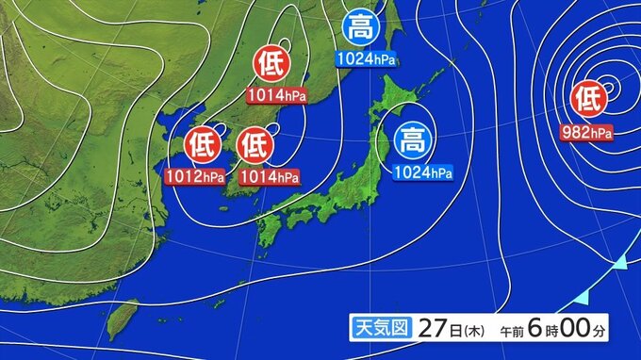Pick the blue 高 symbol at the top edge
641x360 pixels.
click(358, 27)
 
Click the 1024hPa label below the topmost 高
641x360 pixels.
click(366, 59)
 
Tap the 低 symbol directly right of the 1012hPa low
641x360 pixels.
click(254, 145)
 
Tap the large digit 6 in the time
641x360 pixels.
click(534, 327)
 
